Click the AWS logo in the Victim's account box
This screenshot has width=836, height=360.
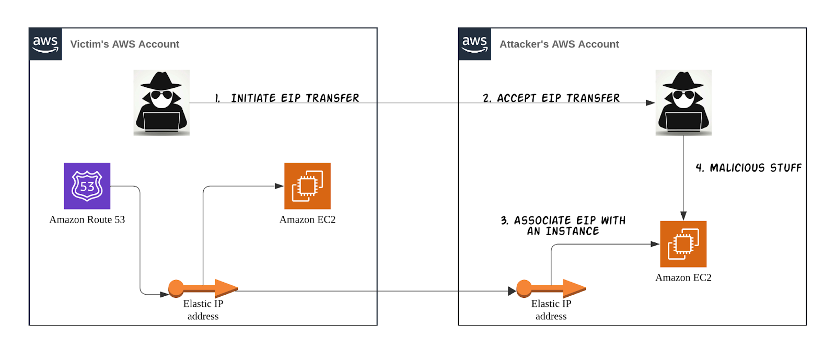(45, 44)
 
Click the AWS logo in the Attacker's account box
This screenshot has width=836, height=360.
(474, 44)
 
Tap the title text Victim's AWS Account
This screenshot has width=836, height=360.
(124, 44)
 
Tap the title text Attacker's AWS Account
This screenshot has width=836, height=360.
(559, 44)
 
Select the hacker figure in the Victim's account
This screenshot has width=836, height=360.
(161, 102)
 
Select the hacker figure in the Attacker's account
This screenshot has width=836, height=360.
(683, 102)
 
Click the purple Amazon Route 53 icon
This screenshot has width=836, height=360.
(87, 186)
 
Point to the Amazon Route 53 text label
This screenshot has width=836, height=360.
(87, 220)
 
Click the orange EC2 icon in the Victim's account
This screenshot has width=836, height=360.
(307, 186)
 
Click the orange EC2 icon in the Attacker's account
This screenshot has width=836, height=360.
(683, 244)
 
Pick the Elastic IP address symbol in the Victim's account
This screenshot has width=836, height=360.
(203, 288)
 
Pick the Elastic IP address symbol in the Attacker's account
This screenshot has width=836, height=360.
(551, 288)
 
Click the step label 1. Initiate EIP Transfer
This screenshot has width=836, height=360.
(287, 98)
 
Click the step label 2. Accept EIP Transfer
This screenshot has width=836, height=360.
(551, 98)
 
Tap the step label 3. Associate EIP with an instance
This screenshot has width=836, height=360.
(563, 226)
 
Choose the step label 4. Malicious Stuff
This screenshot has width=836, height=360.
(748, 168)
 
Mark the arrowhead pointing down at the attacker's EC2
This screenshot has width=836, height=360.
(683, 216)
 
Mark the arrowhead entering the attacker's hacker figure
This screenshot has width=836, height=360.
(651, 103)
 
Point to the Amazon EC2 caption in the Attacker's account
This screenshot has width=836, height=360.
(683, 278)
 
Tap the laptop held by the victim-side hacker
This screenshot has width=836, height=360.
(161, 121)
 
